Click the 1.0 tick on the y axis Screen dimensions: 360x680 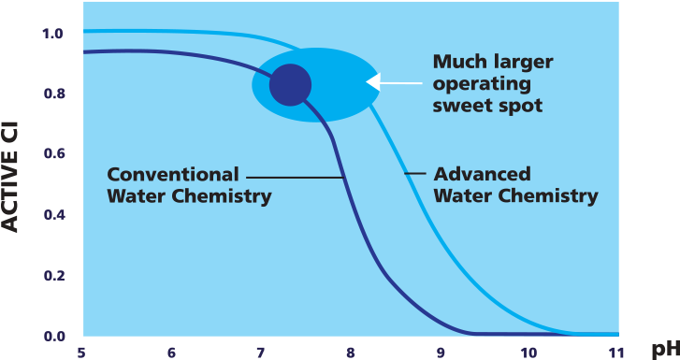click(x=52, y=35)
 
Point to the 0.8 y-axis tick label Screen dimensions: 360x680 click(x=52, y=94)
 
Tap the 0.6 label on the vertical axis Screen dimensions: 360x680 click(x=52, y=154)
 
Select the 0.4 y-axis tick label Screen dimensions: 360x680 click(x=52, y=215)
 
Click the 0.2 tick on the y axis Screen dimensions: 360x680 click(x=52, y=276)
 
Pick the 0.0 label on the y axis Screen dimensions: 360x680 click(x=52, y=336)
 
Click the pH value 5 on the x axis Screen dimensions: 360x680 click(x=83, y=353)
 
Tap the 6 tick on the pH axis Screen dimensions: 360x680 click(x=172, y=353)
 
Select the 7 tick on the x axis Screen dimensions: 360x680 click(x=261, y=353)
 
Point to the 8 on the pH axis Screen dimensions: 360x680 click(x=350, y=353)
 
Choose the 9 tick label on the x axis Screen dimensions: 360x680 click(x=439, y=353)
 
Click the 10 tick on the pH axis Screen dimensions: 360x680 click(x=527, y=353)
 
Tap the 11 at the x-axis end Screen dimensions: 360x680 click(x=615, y=353)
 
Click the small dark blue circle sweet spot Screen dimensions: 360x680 click(x=290, y=85)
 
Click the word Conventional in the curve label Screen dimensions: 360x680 click(x=173, y=174)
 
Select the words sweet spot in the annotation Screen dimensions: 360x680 click(x=487, y=106)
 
